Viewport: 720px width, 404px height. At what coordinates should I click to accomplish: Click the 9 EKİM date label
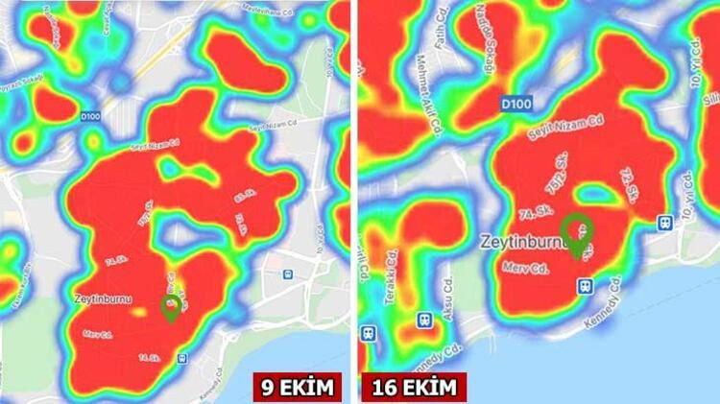tap(298, 388)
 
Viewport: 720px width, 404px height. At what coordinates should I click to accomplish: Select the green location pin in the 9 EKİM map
tap(172, 306)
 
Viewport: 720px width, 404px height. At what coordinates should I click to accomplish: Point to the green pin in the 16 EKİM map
tap(577, 233)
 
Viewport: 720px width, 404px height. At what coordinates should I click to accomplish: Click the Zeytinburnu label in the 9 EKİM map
tap(101, 298)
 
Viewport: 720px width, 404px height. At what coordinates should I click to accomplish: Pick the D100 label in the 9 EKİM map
tap(90, 116)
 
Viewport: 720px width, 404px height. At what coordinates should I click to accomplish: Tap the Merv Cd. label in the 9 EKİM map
tap(100, 333)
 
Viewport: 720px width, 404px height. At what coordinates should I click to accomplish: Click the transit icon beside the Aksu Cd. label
tap(423, 319)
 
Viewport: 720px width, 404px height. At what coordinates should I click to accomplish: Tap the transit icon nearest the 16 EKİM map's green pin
tap(584, 285)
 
